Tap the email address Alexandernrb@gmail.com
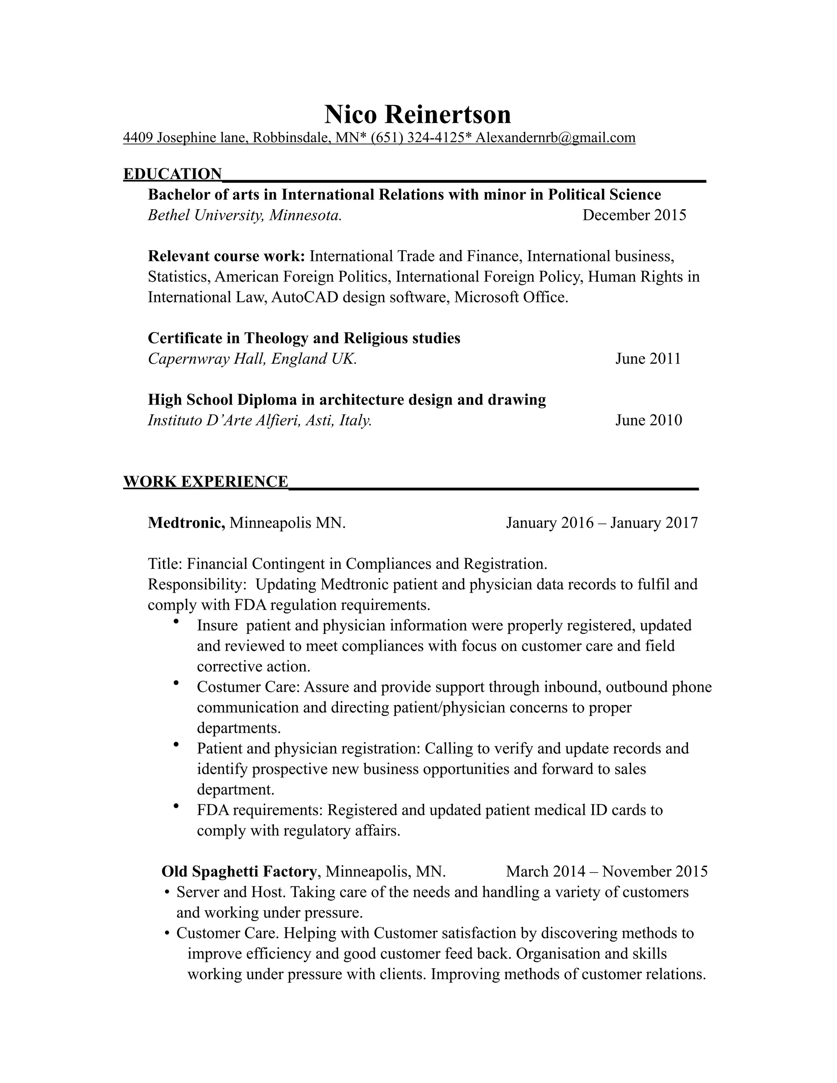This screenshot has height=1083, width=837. [555, 137]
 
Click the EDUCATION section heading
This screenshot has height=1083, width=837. [172, 174]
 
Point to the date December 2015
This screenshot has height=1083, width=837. [634, 215]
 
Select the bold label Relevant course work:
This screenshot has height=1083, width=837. [226, 256]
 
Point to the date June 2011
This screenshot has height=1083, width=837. [648, 359]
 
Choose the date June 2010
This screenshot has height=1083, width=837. [649, 421]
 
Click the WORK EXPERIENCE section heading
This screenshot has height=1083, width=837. [205, 481]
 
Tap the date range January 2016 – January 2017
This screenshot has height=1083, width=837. [602, 523]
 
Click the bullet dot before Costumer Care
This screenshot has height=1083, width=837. [175, 683]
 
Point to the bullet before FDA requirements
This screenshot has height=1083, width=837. [175, 806]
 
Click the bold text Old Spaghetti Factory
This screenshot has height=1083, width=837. [239, 871]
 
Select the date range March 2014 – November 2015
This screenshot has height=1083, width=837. [606, 871]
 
